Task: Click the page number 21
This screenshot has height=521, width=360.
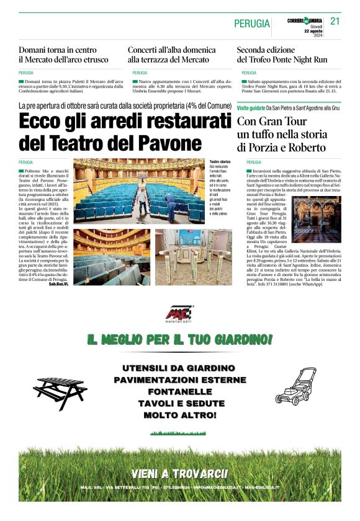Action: (335, 21)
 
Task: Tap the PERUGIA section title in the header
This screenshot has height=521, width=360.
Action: (252, 24)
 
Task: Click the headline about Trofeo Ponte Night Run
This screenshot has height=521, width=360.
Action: (282, 55)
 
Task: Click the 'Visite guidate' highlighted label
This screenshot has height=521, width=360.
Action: (251, 108)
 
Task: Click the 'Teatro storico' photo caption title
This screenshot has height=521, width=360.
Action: (220, 161)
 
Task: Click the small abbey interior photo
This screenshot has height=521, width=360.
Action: (317, 220)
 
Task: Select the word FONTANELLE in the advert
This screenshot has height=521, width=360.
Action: (179, 391)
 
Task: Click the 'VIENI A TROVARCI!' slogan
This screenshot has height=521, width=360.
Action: (179, 474)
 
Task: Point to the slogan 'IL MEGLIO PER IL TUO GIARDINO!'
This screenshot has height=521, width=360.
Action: (180, 340)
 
